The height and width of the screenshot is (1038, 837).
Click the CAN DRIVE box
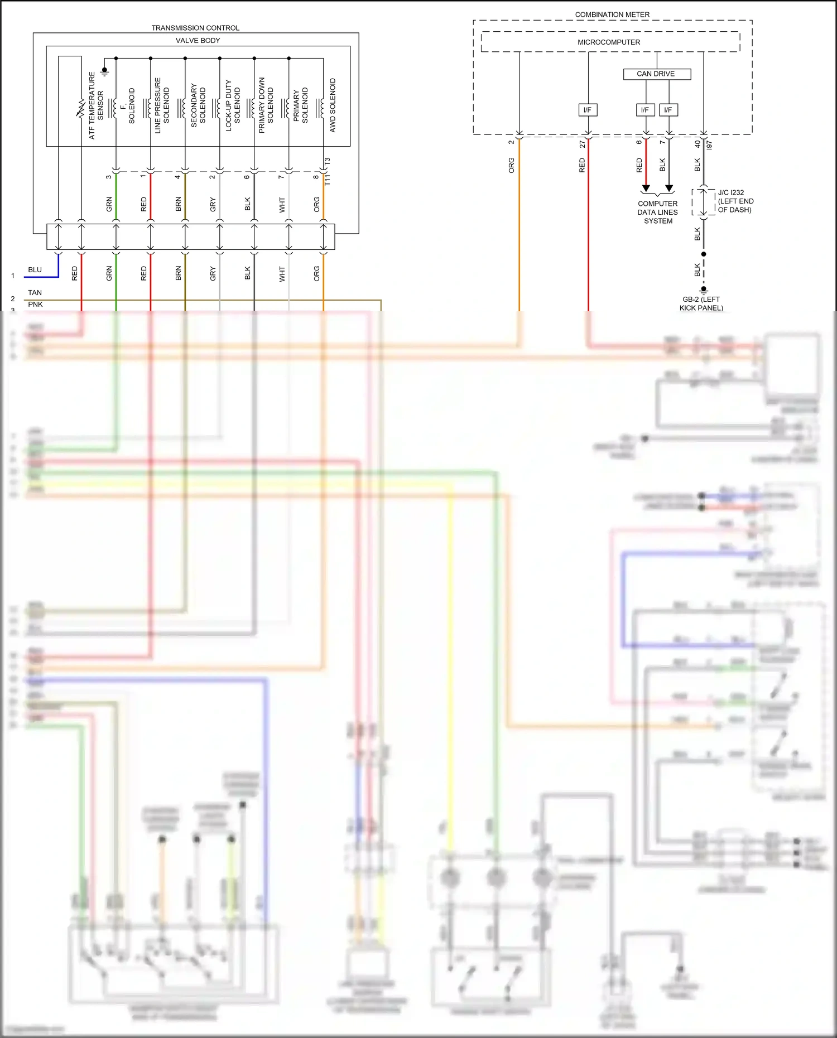(x=656, y=74)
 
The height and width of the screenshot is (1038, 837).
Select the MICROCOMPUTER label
(x=609, y=42)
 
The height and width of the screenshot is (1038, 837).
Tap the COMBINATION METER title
(x=612, y=15)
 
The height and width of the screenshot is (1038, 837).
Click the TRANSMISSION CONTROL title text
(x=195, y=28)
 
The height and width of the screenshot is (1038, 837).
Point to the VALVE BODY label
(x=198, y=41)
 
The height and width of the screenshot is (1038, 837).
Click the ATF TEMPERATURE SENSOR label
(x=96, y=105)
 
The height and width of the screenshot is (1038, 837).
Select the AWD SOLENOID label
(x=333, y=105)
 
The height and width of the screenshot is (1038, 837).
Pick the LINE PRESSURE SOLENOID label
(x=162, y=105)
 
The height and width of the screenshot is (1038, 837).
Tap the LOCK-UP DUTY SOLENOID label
(x=232, y=105)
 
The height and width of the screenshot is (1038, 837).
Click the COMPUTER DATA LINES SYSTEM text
(x=658, y=213)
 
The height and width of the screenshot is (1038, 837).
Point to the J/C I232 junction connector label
(x=735, y=201)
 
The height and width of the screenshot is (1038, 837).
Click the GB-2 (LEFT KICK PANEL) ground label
(x=701, y=303)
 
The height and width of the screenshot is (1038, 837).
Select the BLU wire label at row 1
(x=35, y=270)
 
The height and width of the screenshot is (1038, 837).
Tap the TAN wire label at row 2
(x=35, y=293)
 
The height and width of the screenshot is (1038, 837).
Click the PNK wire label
(x=35, y=305)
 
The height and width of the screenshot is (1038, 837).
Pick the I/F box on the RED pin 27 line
(x=588, y=110)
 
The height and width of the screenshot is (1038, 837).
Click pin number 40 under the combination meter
(x=698, y=143)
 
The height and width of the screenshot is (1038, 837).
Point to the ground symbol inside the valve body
(x=104, y=72)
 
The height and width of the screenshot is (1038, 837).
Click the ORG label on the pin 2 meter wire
(x=511, y=165)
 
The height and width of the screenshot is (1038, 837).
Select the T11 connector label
(x=328, y=180)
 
